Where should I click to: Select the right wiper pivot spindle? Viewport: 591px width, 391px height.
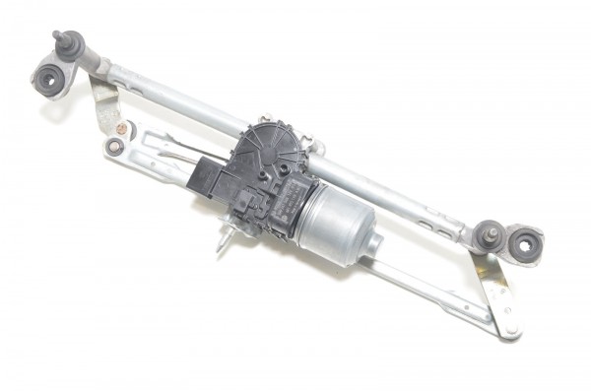coord(486,234)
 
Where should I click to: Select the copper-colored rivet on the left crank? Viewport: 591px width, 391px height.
coord(122,128)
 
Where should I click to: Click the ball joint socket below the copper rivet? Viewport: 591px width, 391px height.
coord(115,147)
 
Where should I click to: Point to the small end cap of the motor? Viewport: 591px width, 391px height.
coord(372,244)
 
